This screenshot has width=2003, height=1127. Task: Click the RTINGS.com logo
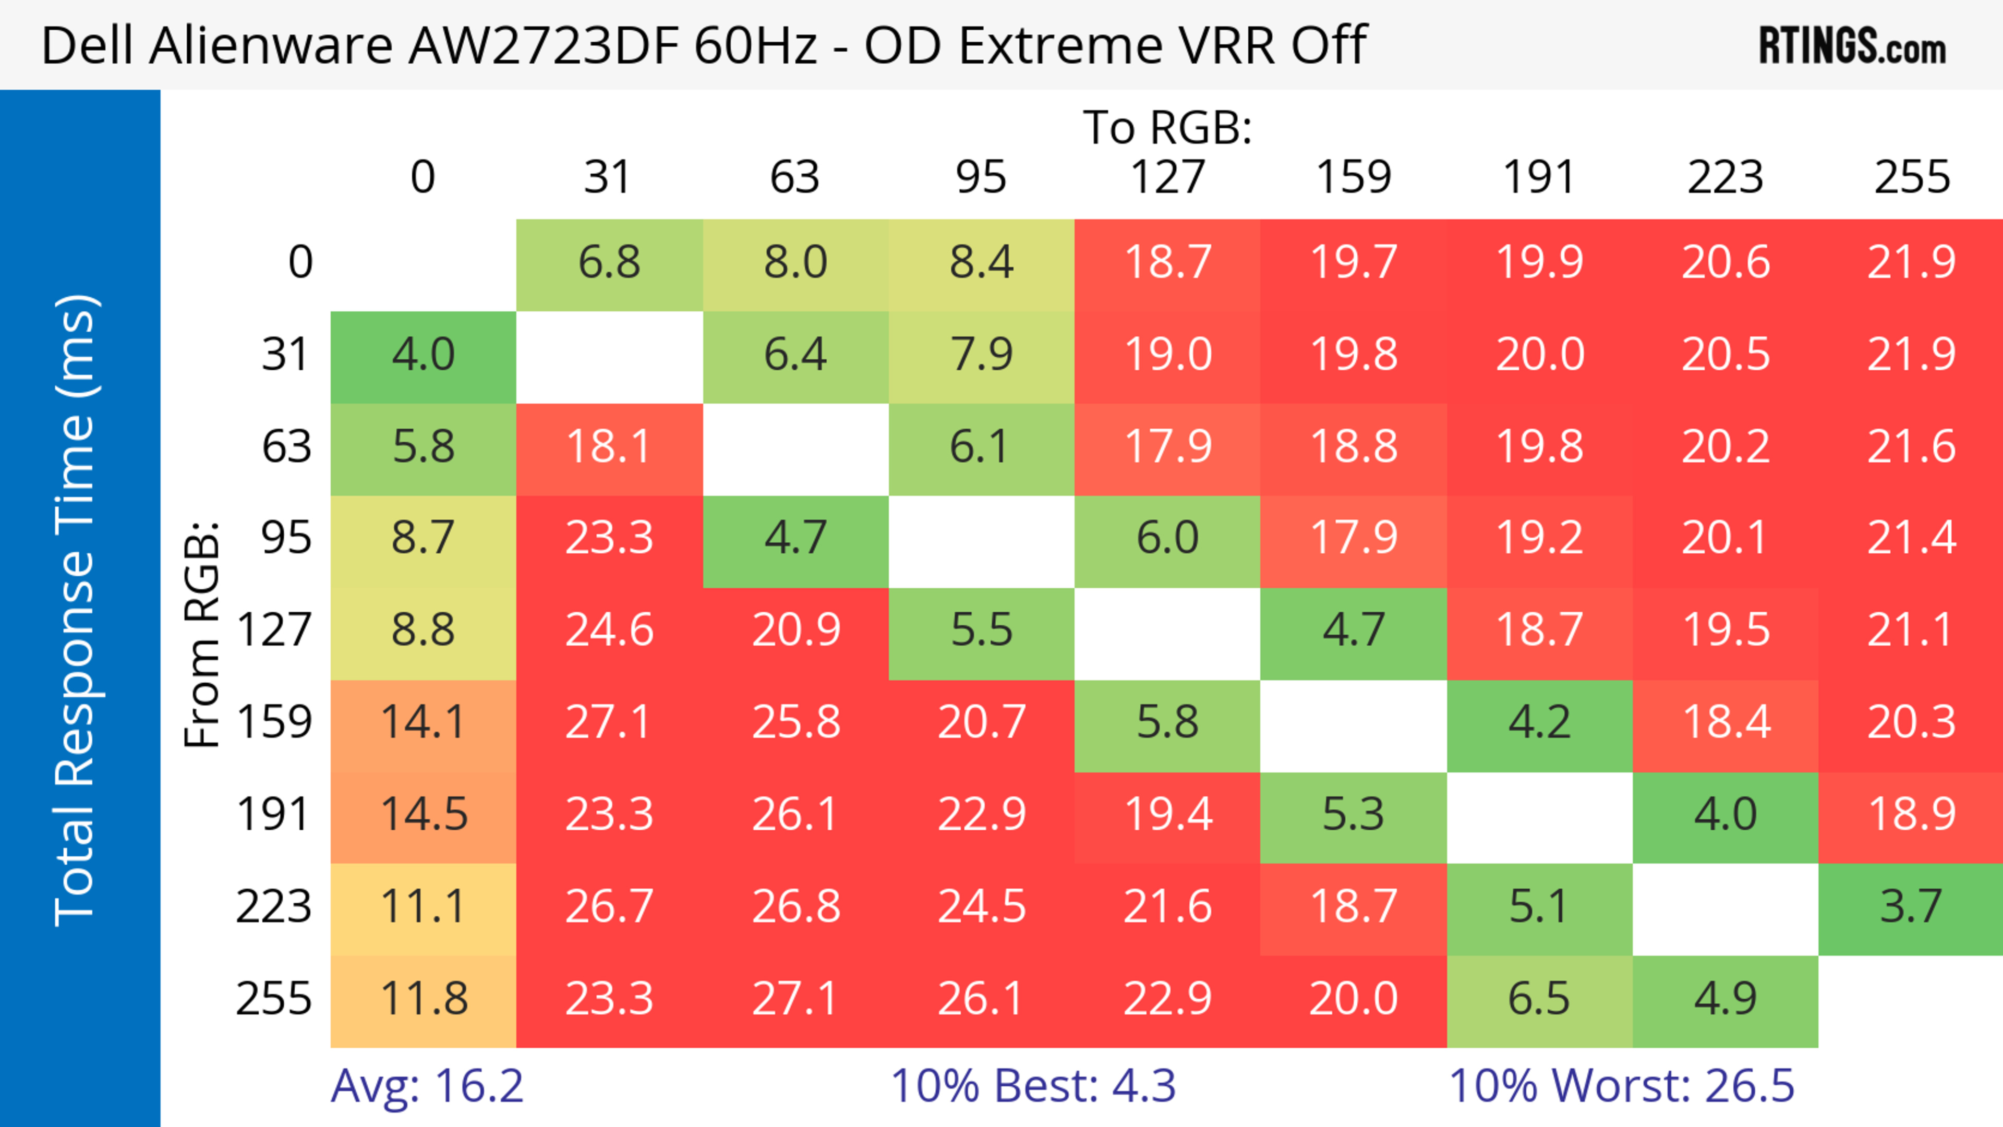1852,45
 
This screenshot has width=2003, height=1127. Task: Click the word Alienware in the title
272,45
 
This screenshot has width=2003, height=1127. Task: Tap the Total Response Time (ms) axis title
76,610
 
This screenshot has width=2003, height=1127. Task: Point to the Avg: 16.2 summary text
427,1086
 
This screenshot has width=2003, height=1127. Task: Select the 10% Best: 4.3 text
1033,1086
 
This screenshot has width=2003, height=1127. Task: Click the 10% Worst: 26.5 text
1621,1086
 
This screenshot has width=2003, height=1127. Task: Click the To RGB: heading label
1167,127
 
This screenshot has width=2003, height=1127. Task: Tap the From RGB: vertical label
202,634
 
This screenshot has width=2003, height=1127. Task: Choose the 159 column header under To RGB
1353,177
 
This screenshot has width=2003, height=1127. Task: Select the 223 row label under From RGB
274,906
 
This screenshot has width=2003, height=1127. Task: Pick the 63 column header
794,177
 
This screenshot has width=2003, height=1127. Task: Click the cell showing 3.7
1911,906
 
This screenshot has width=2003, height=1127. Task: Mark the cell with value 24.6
609,629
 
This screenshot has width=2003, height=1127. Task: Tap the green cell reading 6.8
609,262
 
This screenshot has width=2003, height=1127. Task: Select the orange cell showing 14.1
423,722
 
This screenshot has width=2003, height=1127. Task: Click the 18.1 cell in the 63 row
609,446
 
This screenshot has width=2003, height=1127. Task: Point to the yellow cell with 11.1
423,906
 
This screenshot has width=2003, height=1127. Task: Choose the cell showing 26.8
794,906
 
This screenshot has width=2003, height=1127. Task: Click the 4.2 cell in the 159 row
1539,722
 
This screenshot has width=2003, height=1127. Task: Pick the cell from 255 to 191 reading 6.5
1539,999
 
